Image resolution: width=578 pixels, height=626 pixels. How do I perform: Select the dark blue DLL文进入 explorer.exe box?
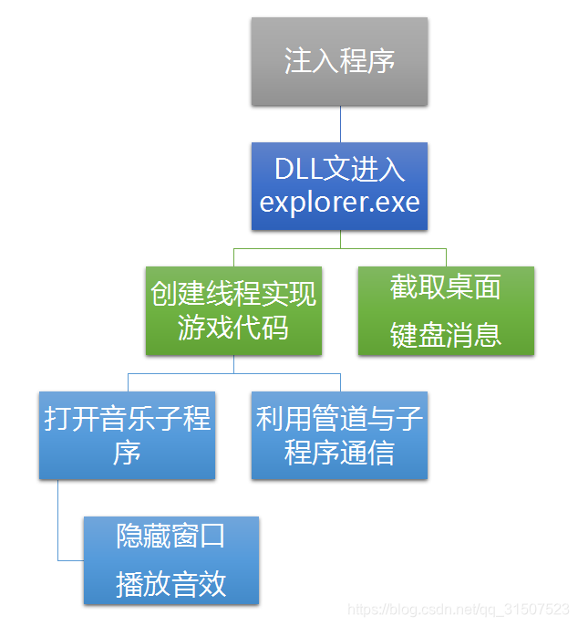pyautogui.click(x=339, y=185)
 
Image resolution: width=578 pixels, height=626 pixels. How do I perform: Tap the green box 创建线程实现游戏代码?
pyautogui.click(x=233, y=310)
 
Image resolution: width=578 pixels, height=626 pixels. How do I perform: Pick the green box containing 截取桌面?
pyautogui.click(x=446, y=310)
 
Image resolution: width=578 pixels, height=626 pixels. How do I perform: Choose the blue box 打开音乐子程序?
pyautogui.click(x=127, y=435)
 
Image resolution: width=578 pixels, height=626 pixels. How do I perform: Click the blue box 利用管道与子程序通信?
pyautogui.click(x=339, y=435)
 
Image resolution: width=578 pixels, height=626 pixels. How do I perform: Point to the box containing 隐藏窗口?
pyautogui.click(x=171, y=559)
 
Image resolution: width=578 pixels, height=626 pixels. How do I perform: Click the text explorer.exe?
pyautogui.click(x=339, y=202)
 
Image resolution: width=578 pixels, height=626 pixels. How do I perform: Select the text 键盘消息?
pyautogui.click(x=446, y=334)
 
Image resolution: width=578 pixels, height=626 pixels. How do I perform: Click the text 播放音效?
pyautogui.click(x=171, y=584)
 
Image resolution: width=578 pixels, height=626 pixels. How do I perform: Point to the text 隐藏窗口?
pyautogui.click(x=171, y=536)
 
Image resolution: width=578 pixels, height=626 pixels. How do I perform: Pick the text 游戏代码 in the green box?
pyautogui.click(x=233, y=327)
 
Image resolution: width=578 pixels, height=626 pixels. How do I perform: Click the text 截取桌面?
pyautogui.click(x=446, y=287)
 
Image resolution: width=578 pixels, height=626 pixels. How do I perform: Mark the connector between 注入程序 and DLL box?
pyautogui.click(x=340, y=123)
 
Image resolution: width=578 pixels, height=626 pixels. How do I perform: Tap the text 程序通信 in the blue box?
pyautogui.click(x=339, y=452)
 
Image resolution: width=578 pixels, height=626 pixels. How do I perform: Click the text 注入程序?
pyautogui.click(x=339, y=61)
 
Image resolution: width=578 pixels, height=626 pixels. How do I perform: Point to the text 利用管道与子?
pyautogui.click(x=339, y=419)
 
